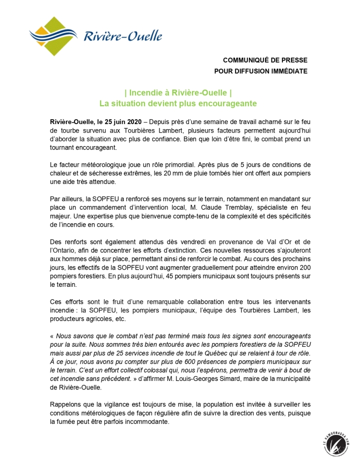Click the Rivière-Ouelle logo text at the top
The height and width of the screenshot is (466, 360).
pos(122,36)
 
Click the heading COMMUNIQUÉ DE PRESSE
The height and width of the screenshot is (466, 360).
pos(265,60)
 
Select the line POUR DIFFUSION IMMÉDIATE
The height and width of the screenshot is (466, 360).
pos(260,72)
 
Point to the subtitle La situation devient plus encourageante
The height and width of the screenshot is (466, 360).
pos(178,104)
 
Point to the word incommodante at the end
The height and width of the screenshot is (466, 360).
pos(148,422)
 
